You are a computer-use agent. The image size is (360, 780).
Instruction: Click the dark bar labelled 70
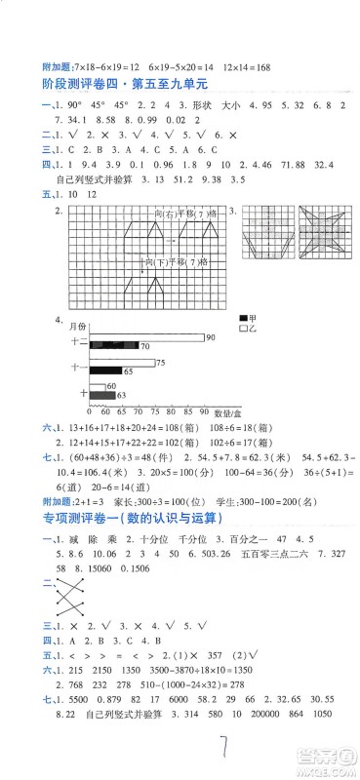[x=113, y=347]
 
